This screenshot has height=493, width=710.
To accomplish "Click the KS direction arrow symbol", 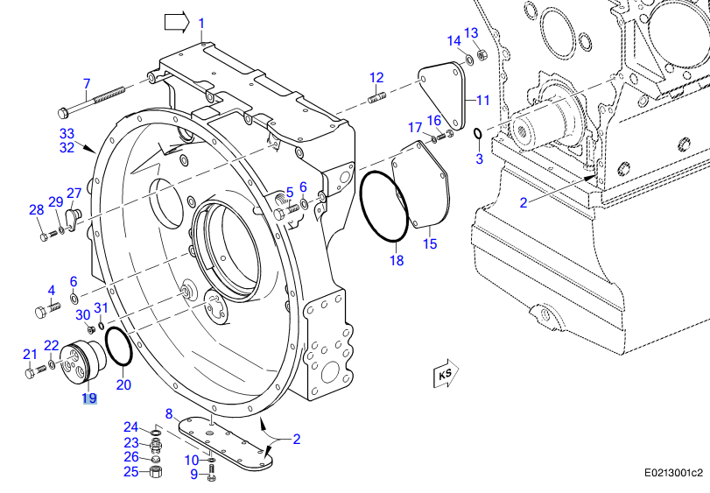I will click(x=445, y=375).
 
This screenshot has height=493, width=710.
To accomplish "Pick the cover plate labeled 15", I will click(x=424, y=188).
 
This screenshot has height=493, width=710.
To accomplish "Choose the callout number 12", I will click(x=376, y=76).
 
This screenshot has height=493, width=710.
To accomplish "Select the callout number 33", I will click(x=67, y=133).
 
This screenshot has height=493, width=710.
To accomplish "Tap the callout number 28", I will click(x=36, y=209).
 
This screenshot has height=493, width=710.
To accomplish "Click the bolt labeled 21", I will click(x=32, y=372).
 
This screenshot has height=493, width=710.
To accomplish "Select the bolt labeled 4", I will click(x=45, y=310).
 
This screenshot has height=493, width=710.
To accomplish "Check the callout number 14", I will click(x=453, y=41).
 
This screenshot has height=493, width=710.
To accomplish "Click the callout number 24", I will click(x=130, y=426).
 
